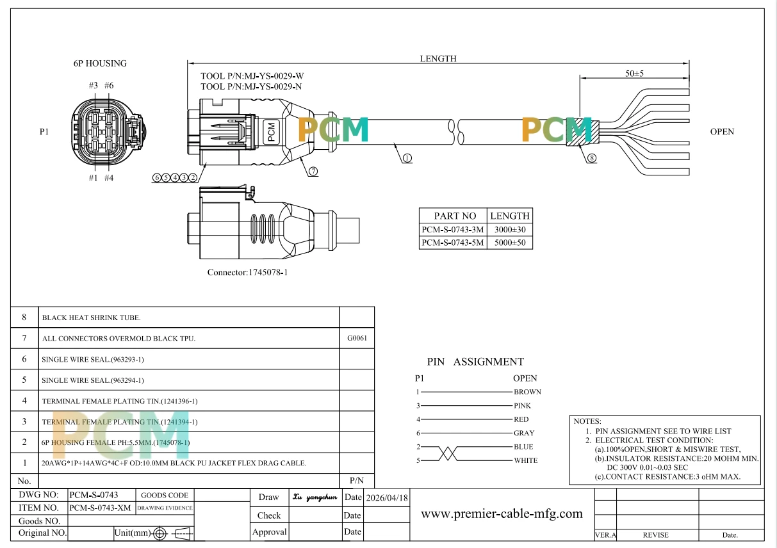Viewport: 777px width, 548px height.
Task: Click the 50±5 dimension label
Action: [634, 73]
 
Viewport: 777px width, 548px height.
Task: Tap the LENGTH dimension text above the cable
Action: [438, 59]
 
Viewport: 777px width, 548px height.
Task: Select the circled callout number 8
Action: [592, 158]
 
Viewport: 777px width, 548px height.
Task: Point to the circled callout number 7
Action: [313, 171]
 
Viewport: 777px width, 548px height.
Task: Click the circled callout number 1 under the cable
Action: [407, 158]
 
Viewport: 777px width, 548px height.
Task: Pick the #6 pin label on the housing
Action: [109, 85]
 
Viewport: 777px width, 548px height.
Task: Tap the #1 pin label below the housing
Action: [93, 178]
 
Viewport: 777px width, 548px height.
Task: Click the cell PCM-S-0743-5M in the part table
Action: [453, 243]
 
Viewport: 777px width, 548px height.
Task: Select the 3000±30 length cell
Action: [510, 229]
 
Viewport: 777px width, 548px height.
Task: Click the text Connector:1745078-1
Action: [247, 273]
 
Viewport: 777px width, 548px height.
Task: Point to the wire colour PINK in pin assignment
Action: [522, 405]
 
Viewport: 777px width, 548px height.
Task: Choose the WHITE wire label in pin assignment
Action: [525, 460]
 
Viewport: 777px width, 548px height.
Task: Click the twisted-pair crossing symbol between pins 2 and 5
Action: [448, 454]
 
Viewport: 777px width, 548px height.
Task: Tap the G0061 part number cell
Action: [357, 338]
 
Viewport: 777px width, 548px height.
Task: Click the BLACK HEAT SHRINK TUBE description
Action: [91, 318]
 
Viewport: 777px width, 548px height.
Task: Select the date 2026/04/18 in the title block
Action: [387, 497]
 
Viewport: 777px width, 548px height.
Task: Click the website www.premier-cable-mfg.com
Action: [502, 513]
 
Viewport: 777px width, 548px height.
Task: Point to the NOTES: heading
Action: [587, 421]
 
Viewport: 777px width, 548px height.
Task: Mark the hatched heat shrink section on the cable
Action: [583, 132]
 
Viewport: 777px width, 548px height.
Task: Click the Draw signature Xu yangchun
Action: [315, 497]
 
